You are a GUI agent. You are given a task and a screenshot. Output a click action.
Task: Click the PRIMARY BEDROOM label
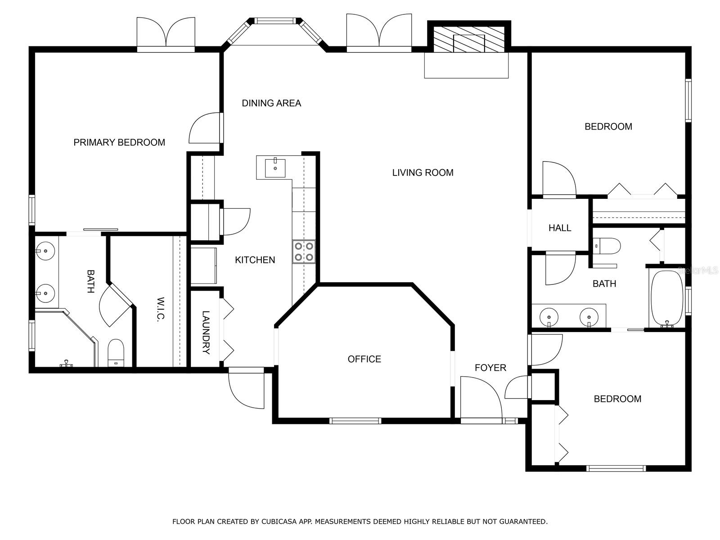(119, 143)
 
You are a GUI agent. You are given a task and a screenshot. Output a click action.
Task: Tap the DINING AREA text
(271, 103)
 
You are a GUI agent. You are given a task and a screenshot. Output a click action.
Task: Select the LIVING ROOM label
(423, 173)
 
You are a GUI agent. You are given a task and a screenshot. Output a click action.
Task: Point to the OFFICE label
(364, 359)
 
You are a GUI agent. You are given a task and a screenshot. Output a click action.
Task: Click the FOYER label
(490, 368)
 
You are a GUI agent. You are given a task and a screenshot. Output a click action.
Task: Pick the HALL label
(560, 228)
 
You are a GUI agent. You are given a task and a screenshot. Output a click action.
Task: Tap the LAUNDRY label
(206, 333)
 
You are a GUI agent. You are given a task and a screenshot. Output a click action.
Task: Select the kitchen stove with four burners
(304, 252)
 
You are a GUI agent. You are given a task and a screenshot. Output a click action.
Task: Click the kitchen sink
(274, 168)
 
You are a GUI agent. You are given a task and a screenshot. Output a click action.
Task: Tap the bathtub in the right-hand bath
(666, 298)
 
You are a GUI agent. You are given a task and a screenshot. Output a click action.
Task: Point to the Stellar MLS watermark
(697, 270)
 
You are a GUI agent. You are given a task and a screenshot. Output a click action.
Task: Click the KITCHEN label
(255, 260)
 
